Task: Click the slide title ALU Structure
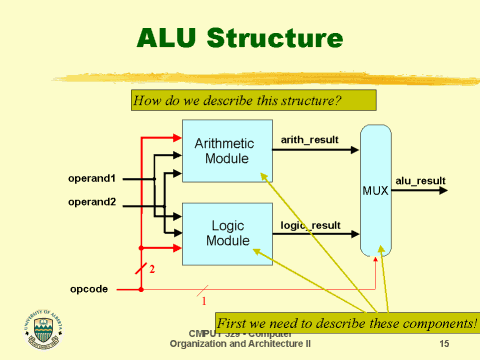239,39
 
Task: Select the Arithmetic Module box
227,151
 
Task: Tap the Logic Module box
227,234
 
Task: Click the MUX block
377,190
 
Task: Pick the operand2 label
92,202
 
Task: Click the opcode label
89,290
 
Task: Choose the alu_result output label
419,180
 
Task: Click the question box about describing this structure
253,100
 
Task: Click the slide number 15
445,343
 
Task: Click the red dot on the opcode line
141,290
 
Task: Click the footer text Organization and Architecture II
240,343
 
